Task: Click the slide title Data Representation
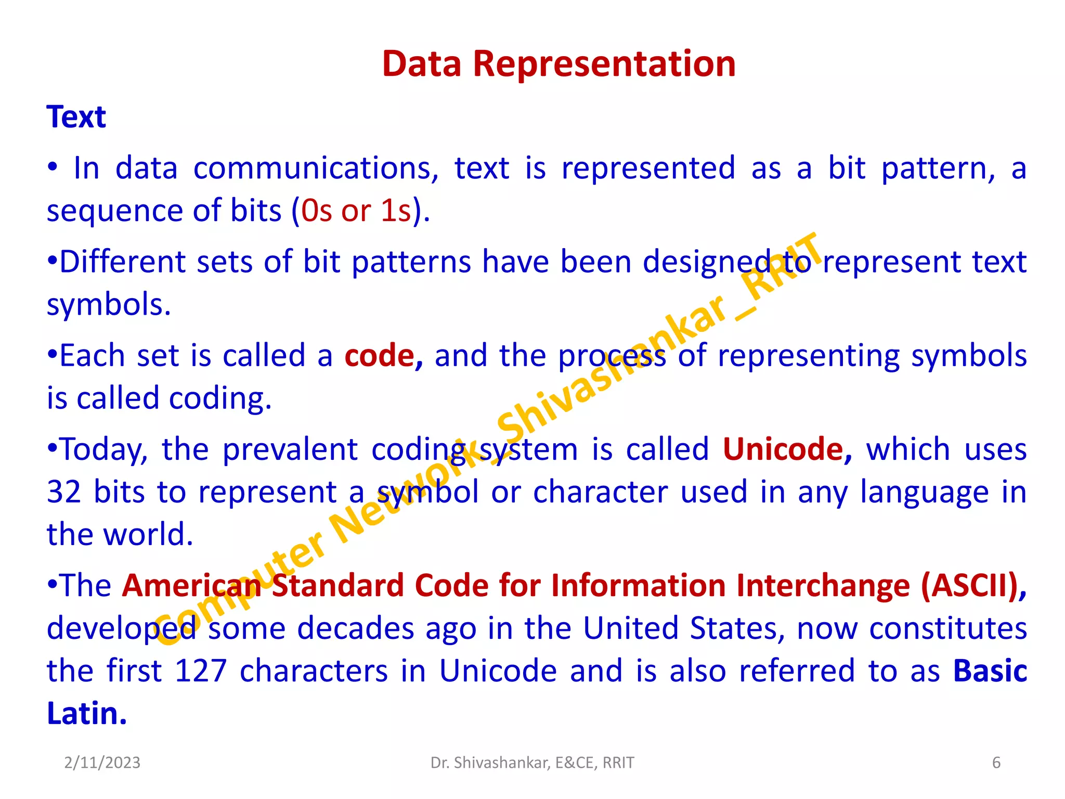(x=559, y=64)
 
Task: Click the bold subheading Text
(x=76, y=117)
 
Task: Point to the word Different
(x=122, y=262)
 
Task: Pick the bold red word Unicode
(x=783, y=449)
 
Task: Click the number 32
(x=64, y=492)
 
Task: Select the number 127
(x=200, y=671)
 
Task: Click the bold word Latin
(x=87, y=714)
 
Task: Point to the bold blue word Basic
(x=990, y=671)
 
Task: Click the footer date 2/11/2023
(x=102, y=763)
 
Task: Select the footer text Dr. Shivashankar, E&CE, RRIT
(x=532, y=763)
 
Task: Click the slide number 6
(x=996, y=763)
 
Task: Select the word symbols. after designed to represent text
(x=109, y=305)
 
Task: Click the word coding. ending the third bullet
(x=220, y=399)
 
